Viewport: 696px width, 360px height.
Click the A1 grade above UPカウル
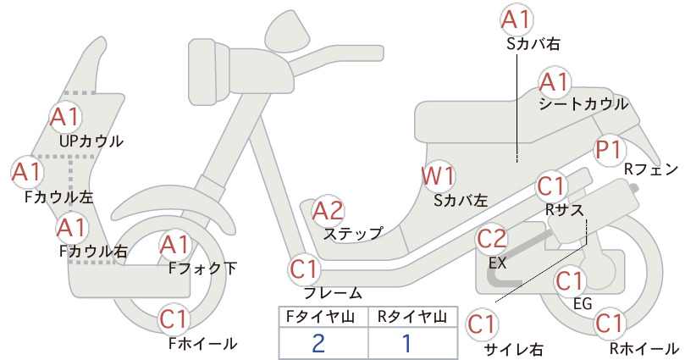point(65,116)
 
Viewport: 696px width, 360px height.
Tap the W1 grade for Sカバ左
point(438,176)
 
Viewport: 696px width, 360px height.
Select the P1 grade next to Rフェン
point(609,150)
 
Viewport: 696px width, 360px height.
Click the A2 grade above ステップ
point(329,211)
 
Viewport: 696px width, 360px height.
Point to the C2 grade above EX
point(492,239)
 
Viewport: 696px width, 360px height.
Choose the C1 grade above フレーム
point(305,269)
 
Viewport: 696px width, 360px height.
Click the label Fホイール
point(203,344)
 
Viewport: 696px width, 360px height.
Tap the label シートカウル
point(583,104)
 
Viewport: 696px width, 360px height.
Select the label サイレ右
point(514,349)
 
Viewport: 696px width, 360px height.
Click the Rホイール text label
point(644,348)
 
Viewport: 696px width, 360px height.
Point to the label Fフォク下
point(203,269)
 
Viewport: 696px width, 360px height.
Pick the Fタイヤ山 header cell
point(323,317)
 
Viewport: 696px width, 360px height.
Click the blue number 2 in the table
point(318,343)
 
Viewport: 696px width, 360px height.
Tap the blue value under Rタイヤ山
point(406,343)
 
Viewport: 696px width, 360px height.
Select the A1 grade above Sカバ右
point(516,20)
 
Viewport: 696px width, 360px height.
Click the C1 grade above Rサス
point(551,187)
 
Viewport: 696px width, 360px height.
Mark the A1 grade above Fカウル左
point(26,172)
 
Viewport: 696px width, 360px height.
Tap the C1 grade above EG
point(570,281)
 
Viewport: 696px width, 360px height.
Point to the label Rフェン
point(651,169)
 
